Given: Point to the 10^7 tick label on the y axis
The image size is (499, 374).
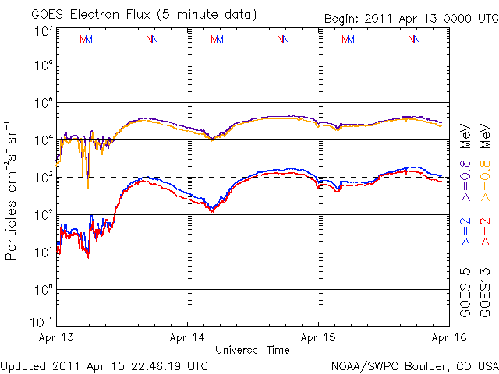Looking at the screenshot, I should click(x=43, y=31).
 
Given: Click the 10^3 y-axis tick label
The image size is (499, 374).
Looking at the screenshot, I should click(x=43, y=178).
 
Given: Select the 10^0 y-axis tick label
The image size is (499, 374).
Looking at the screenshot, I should click(x=43, y=290).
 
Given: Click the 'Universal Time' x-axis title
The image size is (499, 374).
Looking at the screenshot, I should click(x=252, y=350).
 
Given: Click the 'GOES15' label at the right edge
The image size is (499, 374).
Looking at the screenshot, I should click(x=465, y=289).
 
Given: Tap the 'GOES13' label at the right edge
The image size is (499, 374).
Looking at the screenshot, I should click(x=485, y=289).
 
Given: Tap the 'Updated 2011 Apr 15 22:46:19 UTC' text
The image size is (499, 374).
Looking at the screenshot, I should click(x=104, y=365).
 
